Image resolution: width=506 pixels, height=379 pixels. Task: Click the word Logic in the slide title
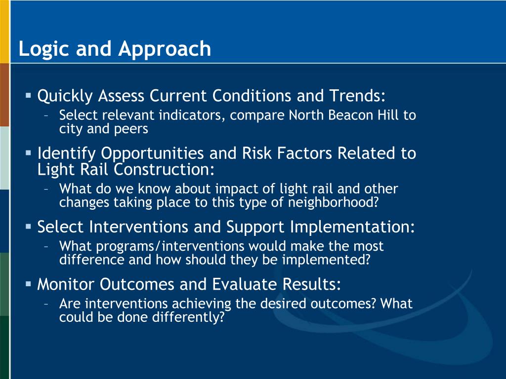[44, 49]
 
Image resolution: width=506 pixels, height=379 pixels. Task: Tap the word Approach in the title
[165, 49]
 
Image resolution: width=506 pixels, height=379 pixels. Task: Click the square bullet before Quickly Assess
[28, 95]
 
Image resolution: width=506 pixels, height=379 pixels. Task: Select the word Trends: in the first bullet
[358, 96]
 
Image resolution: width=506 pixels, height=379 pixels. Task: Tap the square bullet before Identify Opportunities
[28, 153]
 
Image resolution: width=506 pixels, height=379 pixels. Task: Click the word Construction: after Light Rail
[164, 169]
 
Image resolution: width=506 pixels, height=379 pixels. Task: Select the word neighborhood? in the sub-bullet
[333, 202]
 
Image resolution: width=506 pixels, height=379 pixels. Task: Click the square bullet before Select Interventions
[28, 227]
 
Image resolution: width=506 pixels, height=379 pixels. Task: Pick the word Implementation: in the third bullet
[352, 227]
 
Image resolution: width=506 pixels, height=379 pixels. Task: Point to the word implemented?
[326, 260]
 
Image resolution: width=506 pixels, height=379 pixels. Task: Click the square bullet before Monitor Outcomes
[28, 284]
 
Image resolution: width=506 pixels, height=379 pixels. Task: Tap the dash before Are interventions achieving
[46, 304]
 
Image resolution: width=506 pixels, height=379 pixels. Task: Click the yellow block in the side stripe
[4, 32]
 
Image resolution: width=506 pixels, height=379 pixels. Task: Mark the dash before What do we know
[46, 189]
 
